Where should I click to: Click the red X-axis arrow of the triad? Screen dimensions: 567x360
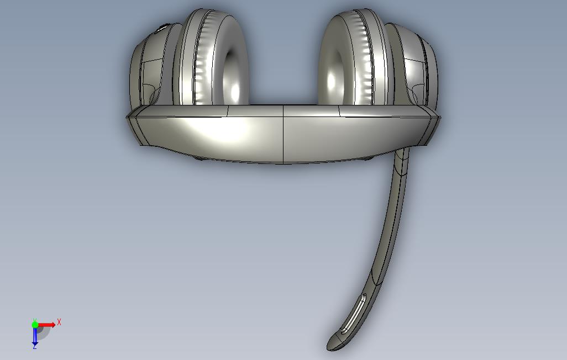click(x=46, y=325)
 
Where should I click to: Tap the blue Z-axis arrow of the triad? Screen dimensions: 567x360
click(x=35, y=336)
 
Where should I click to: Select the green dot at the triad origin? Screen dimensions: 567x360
click(x=35, y=325)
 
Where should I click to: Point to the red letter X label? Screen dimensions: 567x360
click(x=59, y=322)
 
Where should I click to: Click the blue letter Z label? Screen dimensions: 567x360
click(x=35, y=347)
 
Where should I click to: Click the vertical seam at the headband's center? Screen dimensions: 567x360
click(x=283, y=134)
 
